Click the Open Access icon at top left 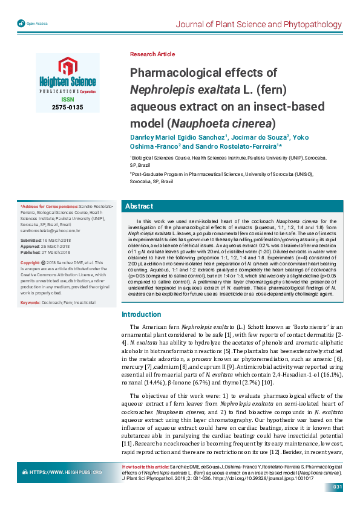click(x=22, y=23)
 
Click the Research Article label click(x=152, y=54)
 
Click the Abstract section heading click(x=139, y=206)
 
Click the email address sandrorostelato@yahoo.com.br click(x=51, y=231)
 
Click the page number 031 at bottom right click(x=338, y=487)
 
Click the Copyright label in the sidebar click(x=30, y=263)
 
